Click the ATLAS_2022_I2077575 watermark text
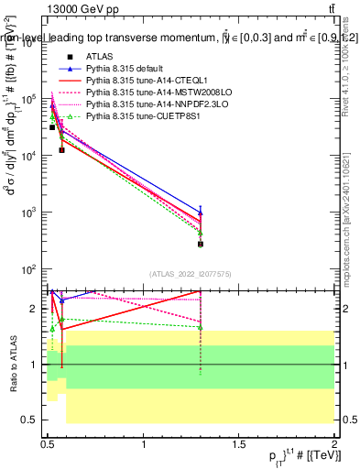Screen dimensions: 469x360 (x=191, y=273)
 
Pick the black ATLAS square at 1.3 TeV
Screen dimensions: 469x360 (x=201, y=244)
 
